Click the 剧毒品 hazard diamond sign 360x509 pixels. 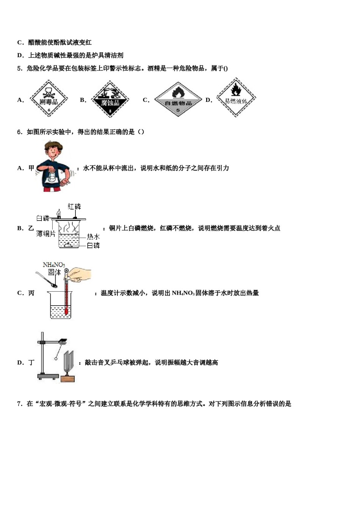click(x=49, y=99)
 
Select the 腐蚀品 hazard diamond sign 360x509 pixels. click(x=110, y=100)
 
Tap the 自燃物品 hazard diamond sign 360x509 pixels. click(x=178, y=100)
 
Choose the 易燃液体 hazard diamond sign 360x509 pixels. click(x=236, y=98)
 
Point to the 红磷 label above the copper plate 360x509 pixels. click(x=74, y=206)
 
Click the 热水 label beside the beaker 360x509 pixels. click(x=93, y=237)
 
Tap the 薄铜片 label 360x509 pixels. click(x=46, y=234)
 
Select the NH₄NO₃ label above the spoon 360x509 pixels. click(x=53, y=265)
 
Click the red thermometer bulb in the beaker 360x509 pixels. click(x=66, y=312)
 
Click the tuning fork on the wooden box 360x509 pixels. click(x=68, y=361)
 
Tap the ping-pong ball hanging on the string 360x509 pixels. click(x=56, y=358)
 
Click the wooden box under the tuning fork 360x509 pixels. click(x=67, y=378)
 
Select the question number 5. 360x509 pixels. click(x=20, y=69)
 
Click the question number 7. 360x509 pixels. click(x=20, y=404)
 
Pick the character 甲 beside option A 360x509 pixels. click(x=31, y=168)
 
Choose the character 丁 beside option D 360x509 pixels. click(x=31, y=363)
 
